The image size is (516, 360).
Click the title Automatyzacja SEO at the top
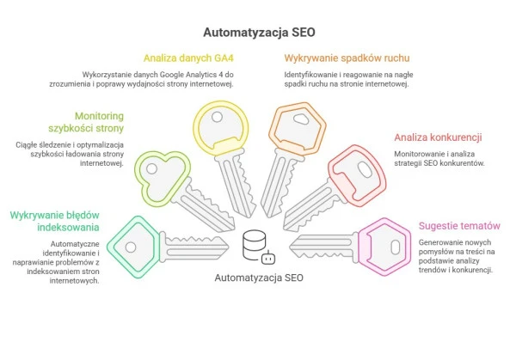pos(258,33)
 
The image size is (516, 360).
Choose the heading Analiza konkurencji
pos(437,137)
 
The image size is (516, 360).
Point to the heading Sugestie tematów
pos(459,226)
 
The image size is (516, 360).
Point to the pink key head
pos(384,246)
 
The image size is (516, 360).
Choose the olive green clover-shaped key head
pos(161,177)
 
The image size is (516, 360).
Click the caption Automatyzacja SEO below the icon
pos(258,278)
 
